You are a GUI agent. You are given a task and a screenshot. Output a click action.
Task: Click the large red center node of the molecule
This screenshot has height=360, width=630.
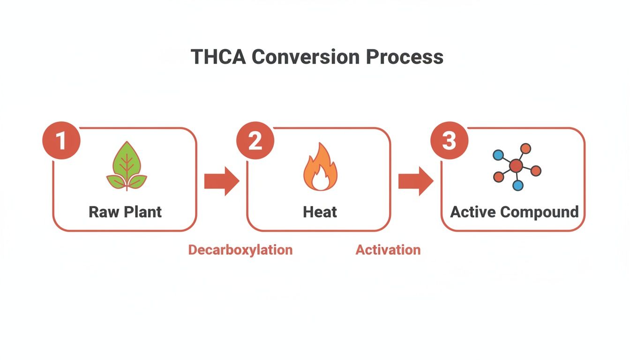[516, 165]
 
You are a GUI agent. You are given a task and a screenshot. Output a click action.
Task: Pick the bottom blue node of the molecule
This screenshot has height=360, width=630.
[518, 186]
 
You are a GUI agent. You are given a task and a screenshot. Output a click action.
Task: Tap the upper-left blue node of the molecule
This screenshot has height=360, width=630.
[498, 154]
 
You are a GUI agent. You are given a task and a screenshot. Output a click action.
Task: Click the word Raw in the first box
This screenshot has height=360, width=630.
[101, 212]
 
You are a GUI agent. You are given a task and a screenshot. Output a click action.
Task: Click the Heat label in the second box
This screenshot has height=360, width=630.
[320, 212]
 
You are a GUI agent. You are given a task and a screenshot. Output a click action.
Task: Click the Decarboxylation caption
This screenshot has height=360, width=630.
[240, 250]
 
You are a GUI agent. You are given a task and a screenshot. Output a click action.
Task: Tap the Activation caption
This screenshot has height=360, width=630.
[388, 250]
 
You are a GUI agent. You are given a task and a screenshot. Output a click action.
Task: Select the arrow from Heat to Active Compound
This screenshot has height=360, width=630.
[416, 181]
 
